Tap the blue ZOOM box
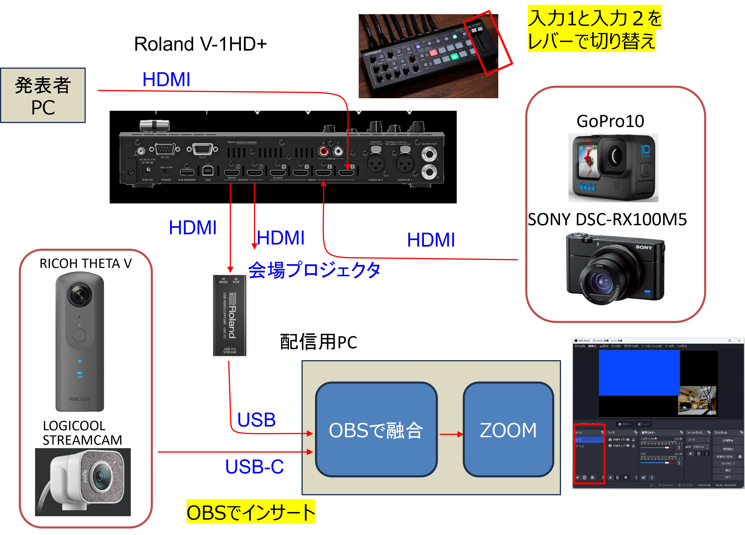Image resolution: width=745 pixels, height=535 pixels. coord(508,430)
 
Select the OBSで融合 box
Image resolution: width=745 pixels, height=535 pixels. coord(376,430)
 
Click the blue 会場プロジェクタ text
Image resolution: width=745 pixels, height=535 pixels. coord(314,270)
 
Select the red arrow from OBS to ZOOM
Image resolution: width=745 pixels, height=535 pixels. coord(451,434)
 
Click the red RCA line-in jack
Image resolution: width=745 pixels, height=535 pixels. coord(324,151)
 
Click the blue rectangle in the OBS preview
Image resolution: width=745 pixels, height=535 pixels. coord(639,373)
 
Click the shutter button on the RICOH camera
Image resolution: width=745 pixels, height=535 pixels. coord(79,336)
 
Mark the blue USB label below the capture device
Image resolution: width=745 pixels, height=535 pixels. coord(256,420)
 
